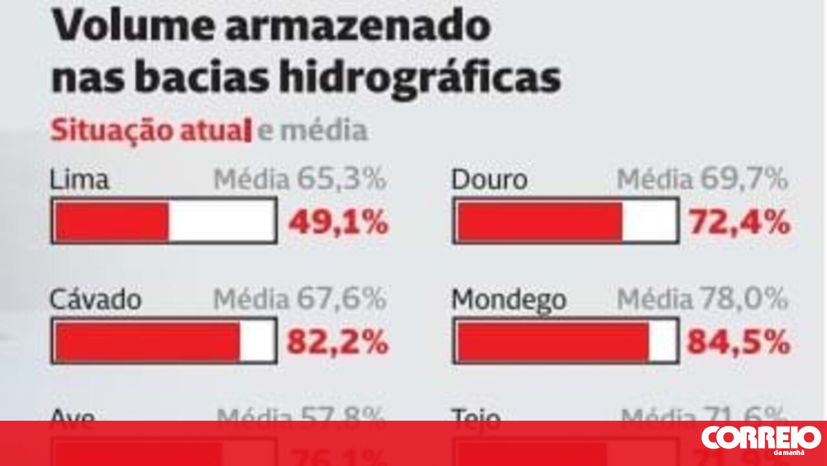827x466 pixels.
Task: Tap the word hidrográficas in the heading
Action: coord(419,78)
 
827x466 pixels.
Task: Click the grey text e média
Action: coord(312,131)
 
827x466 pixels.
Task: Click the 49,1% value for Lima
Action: coord(338,223)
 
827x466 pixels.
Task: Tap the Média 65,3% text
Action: coord(300,180)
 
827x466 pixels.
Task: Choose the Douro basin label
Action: coord(489,180)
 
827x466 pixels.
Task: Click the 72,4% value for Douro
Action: coord(739,223)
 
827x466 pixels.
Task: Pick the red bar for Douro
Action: coord(539,221)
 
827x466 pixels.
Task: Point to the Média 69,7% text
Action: coord(702,180)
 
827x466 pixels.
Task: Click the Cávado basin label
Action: coord(96,300)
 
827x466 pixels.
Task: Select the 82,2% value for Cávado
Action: coord(337,342)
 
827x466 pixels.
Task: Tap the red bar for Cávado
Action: coord(148,341)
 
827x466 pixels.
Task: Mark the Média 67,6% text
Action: coord(300,300)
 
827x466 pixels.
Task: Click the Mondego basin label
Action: coord(508,300)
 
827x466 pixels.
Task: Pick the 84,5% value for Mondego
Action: coord(738,342)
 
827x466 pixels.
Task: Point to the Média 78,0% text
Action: coord(702,300)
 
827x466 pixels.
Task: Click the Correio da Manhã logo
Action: coord(760,440)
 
